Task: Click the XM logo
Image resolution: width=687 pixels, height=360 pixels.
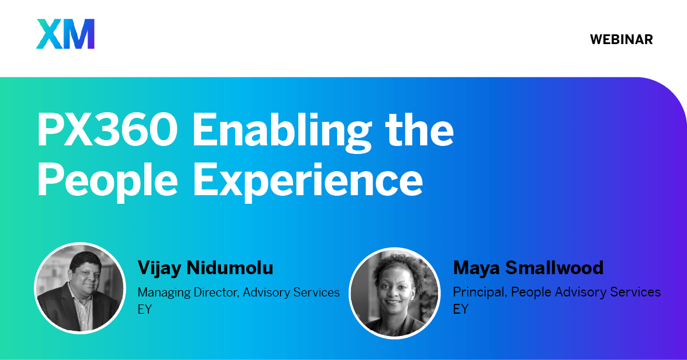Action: pyautogui.click(x=65, y=34)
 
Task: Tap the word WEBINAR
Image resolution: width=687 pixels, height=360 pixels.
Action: pyautogui.click(x=621, y=39)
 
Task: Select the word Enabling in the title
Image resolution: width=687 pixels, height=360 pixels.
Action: pyautogui.click(x=282, y=132)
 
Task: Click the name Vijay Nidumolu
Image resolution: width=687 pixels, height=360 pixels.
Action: pyautogui.click(x=205, y=268)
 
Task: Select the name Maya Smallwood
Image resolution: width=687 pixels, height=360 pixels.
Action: pyautogui.click(x=528, y=268)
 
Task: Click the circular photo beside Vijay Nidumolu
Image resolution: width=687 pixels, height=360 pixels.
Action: pyautogui.click(x=80, y=288)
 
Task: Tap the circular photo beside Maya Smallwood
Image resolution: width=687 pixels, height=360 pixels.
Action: pyautogui.click(x=394, y=293)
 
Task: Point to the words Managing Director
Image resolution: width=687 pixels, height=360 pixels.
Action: pyautogui.click(x=188, y=293)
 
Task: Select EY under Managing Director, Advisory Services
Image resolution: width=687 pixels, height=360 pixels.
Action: pyautogui.click(x=145, y=310)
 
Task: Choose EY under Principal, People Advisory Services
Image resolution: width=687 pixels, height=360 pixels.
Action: pyautogui.click(x=461, y=309)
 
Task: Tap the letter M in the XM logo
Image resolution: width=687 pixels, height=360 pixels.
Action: pyautogui.click(x=79, y=34)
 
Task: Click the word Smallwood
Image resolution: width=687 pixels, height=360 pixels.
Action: pyautogui.click(x=554, y=268)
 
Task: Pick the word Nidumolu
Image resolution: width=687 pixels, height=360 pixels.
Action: pyautogui.click(x=230, y=268)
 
